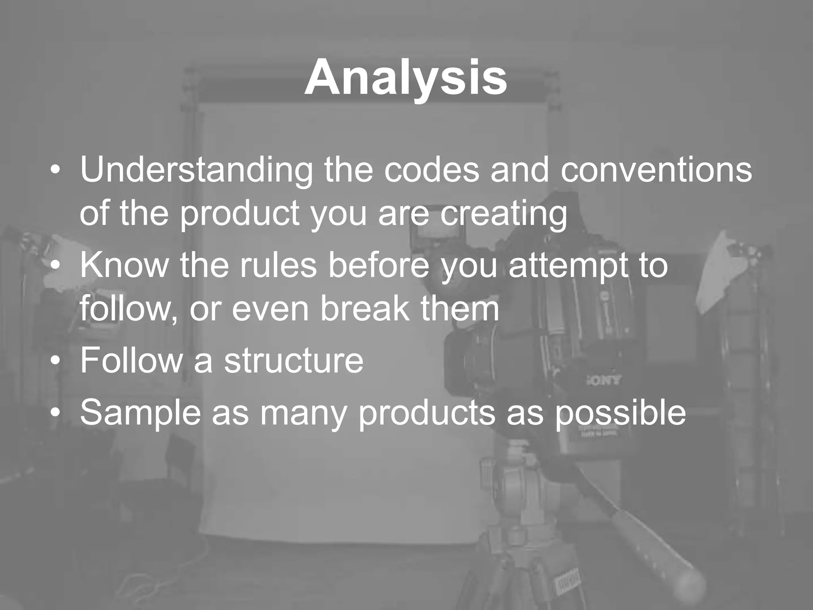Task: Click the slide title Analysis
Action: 405,78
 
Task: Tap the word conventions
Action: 656,170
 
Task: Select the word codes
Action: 431,170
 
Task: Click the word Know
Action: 124,265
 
